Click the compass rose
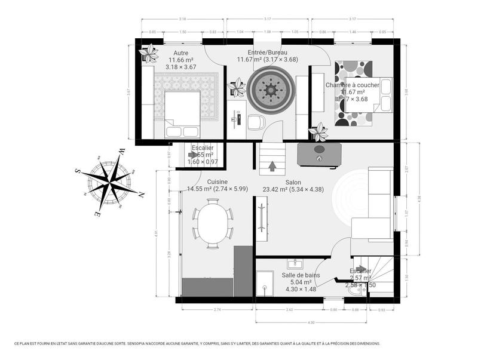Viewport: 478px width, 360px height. click(109, 181)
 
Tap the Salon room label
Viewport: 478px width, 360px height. click(293, 182)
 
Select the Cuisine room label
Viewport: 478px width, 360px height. click(217, 181)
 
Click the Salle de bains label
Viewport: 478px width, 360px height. click(301, 275)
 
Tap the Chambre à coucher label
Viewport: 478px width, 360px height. click(352, 85)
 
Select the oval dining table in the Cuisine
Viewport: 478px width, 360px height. click(213, 223)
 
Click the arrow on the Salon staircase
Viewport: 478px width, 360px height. click(272, 166)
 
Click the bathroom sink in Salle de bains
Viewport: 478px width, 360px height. click(293, 263)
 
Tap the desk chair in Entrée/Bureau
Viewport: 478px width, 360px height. click(255, 122)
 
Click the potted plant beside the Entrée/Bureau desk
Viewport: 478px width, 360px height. click(238, 87)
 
